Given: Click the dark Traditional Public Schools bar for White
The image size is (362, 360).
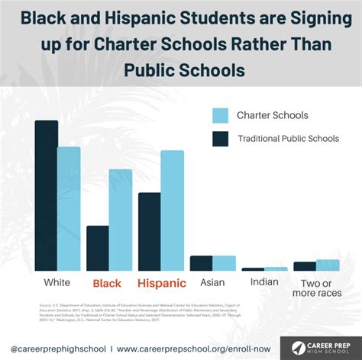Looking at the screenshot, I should [x=46, y=195].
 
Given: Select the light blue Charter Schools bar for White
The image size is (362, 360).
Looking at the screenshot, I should [x=69, y=208].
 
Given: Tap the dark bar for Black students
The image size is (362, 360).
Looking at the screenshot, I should [x=97, y=248].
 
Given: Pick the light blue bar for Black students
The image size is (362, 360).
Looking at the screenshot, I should [x=121, y=220].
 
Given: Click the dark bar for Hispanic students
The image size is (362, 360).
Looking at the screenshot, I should [x=149, y=231].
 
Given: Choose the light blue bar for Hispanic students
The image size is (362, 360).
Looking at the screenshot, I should [x=172, y=211].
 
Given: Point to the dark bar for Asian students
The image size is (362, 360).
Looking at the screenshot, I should [x=201, y=263].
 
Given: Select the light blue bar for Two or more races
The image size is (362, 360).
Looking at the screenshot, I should [x=328, y=265].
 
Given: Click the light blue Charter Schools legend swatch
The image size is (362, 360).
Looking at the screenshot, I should [x=220, y=116].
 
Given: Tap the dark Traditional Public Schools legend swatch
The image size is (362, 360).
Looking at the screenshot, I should [x=220, y=139].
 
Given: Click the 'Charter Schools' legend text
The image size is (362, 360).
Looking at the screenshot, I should [x=272, y=116].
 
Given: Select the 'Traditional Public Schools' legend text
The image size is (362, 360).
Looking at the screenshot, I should [x=287, y=139].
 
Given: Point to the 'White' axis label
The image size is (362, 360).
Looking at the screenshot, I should [x=57, y=283].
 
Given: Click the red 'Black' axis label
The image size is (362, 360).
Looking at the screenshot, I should [x=107, y=284].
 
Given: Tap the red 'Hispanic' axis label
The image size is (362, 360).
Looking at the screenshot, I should [x=162, y=284].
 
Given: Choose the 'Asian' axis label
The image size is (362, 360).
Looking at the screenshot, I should [x=212, y=283].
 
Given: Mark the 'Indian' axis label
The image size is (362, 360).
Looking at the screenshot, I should [x=264, y=283].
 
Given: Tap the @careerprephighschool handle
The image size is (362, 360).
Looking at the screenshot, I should [x=55, y=347].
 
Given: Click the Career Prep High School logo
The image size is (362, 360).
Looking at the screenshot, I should [x=319, y=347].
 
